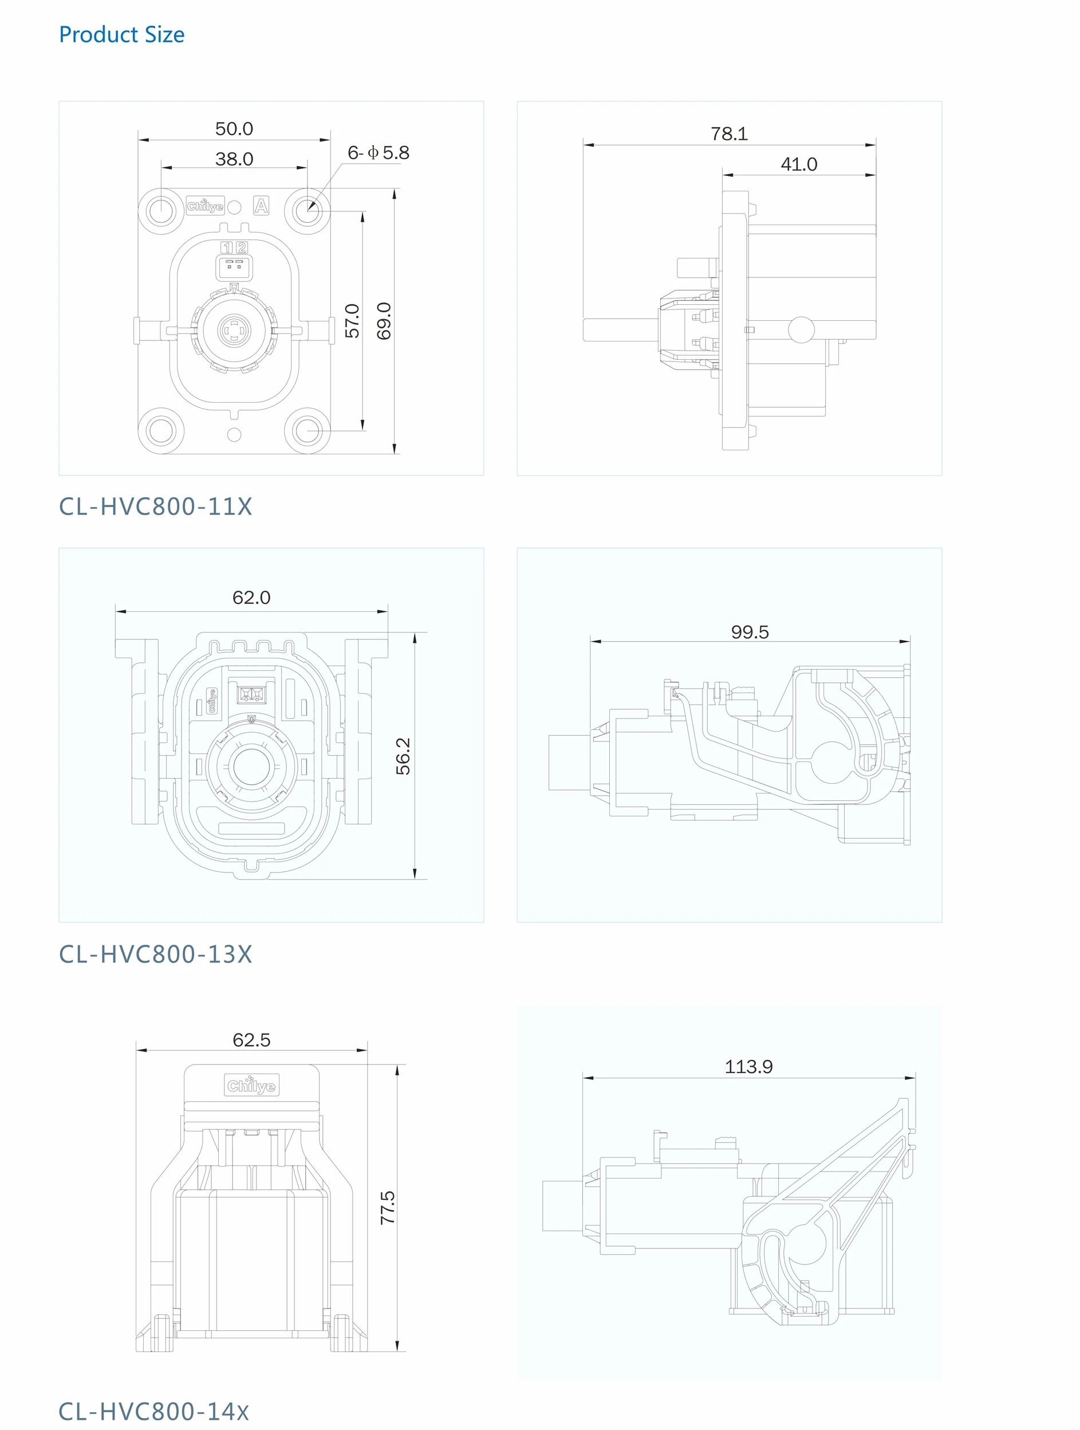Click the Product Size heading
pos(121,34)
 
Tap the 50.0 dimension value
pos(234,129)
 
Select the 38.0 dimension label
pos(234,159)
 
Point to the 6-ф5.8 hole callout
pos(378,153)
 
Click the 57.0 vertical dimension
pos(352,321)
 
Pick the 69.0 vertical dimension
pos(384,321)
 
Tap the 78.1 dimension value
pos(729,134)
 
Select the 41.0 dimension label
pos(799,164)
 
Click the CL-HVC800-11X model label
pos(155,506)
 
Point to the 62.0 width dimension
pos(251,598)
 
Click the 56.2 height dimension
pos(403,756)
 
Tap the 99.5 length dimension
pos(750,632)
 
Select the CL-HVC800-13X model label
pos(155,954)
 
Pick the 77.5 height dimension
pos(387,1208)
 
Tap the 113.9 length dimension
pos(748,1067)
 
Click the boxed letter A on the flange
pos(261,206)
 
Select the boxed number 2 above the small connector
pos(242,247)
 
